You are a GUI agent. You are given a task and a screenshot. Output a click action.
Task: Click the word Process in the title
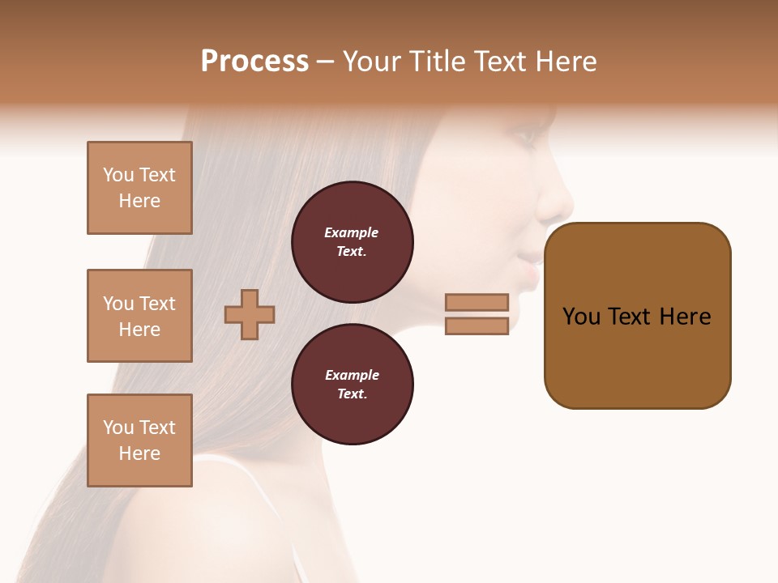point(254,62)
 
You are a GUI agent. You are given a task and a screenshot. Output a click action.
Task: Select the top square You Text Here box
point(139,188)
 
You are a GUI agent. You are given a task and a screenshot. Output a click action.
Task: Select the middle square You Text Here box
point(139,316)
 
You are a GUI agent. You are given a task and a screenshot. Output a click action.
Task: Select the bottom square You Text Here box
point(139,440)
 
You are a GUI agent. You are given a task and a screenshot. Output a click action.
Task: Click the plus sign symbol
point(250,314)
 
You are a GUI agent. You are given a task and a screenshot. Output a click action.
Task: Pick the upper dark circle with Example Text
point(352,241)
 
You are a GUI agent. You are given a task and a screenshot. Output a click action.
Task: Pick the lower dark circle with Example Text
point(352,384)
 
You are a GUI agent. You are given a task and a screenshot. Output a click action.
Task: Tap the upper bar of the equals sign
point(477,302)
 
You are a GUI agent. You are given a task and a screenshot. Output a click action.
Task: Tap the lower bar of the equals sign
point(477,326)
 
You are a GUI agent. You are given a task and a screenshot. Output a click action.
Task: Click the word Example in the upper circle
point(352,232)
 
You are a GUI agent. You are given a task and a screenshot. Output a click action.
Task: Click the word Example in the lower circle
point(352,375)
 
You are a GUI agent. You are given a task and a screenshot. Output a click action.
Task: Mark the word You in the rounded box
point(581,317)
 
